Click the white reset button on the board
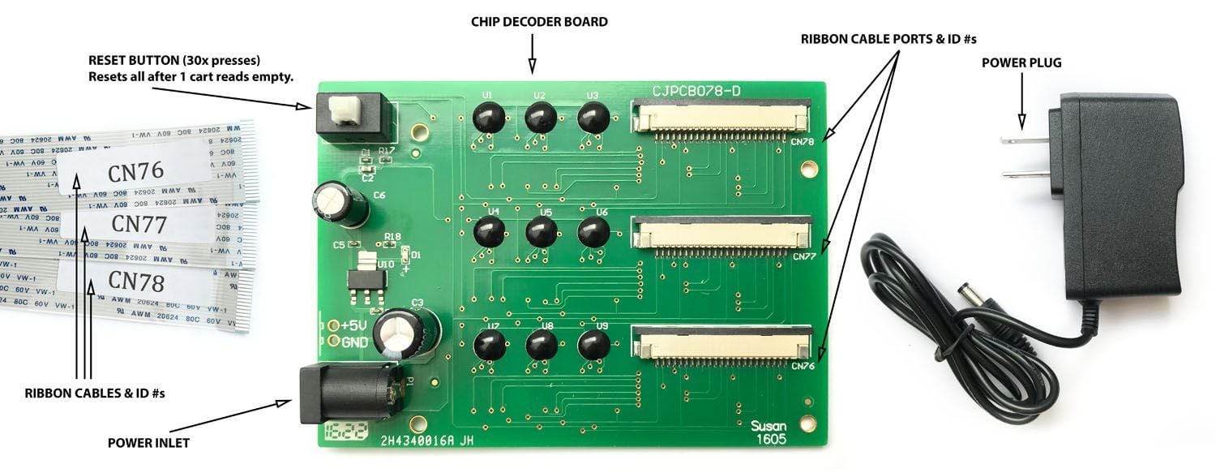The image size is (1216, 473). click(x=347, y=110)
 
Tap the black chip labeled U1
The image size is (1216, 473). click(x=489, y=119)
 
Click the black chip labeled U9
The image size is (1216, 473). click(x=593, y=345)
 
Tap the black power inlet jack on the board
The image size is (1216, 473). click(x=346, y=393)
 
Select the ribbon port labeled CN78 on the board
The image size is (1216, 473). click(x=721, y=115)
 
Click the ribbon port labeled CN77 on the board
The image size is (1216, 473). click(x=721, y=234)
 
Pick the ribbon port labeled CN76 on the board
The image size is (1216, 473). click(x=721, y=342)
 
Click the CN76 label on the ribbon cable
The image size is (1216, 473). click(x=135, y=171)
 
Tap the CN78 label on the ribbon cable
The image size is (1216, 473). click(x=137, y=282)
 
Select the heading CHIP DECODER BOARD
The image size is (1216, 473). click(x=539, y=22)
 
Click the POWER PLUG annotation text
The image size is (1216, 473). click(x=1021, y=62)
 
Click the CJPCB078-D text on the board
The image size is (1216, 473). click(x=696, y=91)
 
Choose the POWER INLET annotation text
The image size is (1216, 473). click(x=148, y=443)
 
